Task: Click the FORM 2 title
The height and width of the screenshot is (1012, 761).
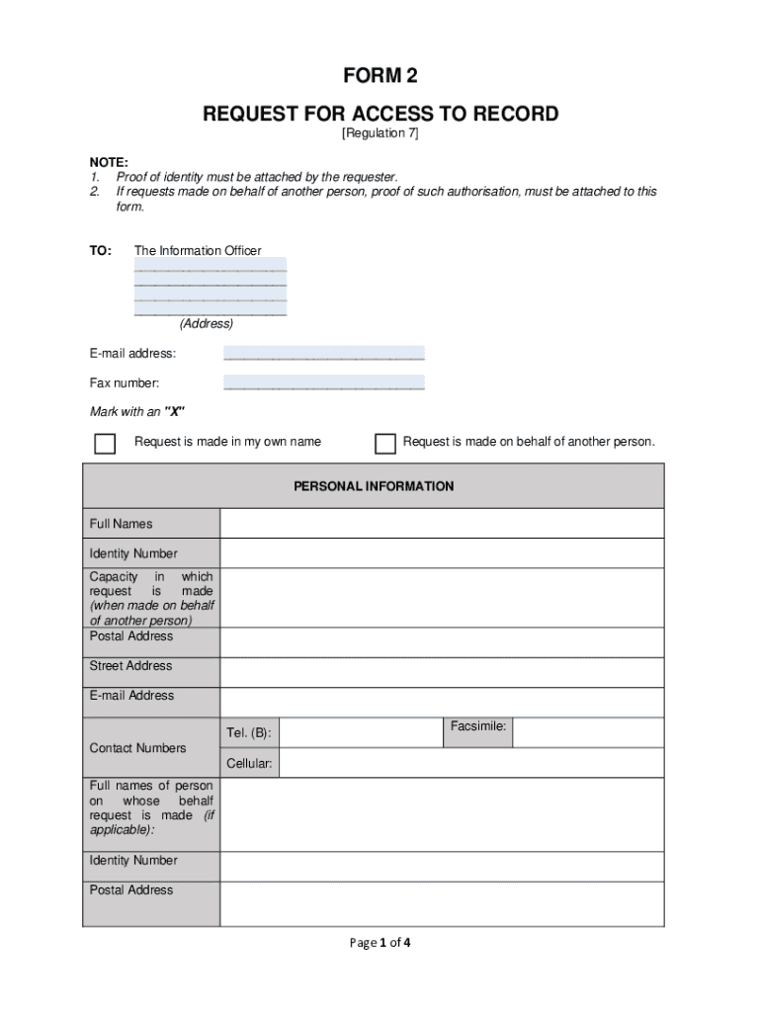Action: pyautogui.click(x=380, y=78)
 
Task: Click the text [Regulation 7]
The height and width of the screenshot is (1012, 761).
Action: pyautogui.click(x=380, y=133)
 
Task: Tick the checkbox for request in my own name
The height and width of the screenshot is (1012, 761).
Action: pyautogui.click(x=105, y=443)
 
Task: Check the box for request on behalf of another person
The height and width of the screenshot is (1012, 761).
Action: pyautogui.click(x=385, y=443)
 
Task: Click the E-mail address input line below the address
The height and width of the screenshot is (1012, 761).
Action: pyautogui.click(x=323, y=353)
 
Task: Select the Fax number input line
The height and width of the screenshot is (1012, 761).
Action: pyautogui.click(x=323, y=382)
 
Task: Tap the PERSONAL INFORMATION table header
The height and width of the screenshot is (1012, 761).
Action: pyautogui.click(x=374, y=486)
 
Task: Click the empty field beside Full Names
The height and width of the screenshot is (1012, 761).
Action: pyautogui.click(x=442, y=524)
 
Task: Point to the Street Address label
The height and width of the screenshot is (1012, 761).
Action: pyautogui.click(x=130, y=666)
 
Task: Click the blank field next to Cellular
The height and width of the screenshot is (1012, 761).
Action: pyautogui.click(x=472, y=763)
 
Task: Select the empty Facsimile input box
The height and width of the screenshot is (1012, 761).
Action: pyautogui.click(x=588, y=732)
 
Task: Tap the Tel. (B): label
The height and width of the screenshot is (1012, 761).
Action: pyautogui.click(x=248, y=733)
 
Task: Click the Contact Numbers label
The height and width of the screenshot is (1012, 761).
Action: pyautogui.click(x=137, y=748)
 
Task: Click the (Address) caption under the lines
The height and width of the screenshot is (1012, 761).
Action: pyautogui.click(x=206, y=324)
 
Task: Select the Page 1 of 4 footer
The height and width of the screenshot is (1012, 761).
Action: pyautogui.click(x=380, y=943)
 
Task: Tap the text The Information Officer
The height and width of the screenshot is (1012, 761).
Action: pyautogui.click(x=198, y=251)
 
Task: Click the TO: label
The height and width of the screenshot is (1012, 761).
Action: pyautogui.click(x=101, y=251)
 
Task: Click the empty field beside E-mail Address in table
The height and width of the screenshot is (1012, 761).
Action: pyautogui.click(x=442, y=703)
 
